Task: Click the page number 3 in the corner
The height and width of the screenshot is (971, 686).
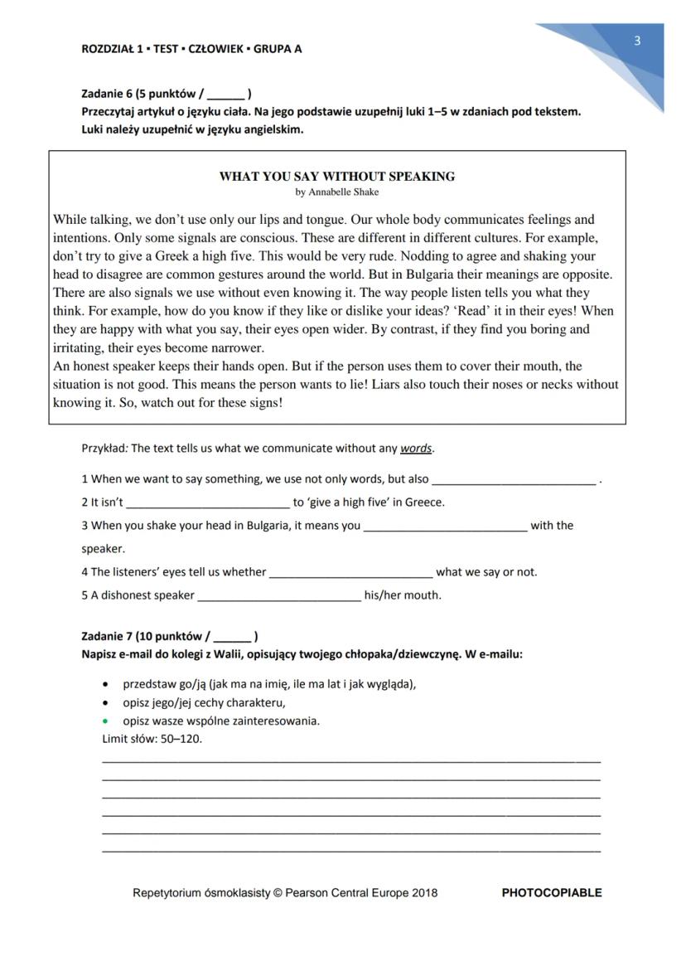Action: click(637, 41)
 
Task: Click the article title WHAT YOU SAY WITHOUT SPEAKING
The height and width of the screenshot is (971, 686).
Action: click(336, 177)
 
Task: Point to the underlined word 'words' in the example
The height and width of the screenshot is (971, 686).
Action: click(416, 449)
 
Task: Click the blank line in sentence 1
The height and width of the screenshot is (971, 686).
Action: click(514, 479)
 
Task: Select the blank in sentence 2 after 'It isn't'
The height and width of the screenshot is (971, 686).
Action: click(208, 502)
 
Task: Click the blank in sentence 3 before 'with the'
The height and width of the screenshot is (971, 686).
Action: click(445, 526)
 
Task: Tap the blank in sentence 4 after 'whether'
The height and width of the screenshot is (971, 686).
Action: click(351, 572)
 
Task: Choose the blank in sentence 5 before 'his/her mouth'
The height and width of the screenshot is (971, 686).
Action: click(279, 595)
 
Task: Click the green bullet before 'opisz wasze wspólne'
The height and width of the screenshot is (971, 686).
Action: click(104, 721)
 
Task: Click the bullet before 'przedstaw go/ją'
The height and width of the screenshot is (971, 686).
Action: click(104, 684)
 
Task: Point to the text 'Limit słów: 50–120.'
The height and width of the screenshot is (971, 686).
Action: click(151, 739)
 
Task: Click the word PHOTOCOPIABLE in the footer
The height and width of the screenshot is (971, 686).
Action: click(552, 893)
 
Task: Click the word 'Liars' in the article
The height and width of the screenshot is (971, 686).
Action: click(495, 385)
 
